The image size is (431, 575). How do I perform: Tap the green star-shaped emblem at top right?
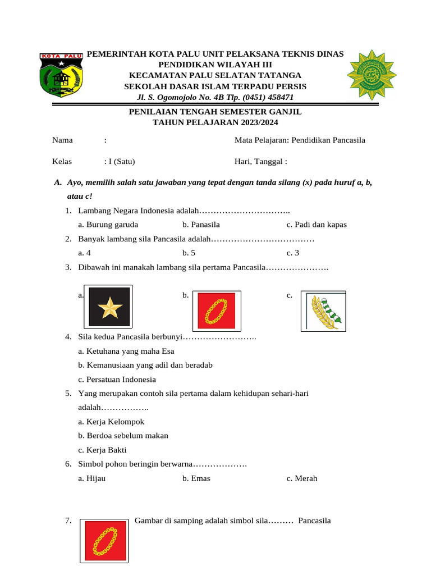(371, 75)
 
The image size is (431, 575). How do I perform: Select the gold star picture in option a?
(109, 307)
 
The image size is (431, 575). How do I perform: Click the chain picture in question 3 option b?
(217, 310)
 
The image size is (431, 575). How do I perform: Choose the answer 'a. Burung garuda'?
(108, 225)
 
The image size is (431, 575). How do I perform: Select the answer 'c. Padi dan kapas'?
(317, 225)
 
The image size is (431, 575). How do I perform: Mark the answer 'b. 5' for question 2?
(189, 253)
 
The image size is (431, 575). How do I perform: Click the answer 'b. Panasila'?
(201, 225)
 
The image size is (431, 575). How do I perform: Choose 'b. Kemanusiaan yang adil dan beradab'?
(145, 365)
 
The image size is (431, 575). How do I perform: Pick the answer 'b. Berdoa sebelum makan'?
(123, 436)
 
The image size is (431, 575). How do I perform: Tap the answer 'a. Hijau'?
(92, 478)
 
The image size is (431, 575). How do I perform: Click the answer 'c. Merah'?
(302, 478)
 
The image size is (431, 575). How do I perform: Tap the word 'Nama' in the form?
(63, 140)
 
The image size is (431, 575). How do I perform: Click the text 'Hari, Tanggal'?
(259, 162)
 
